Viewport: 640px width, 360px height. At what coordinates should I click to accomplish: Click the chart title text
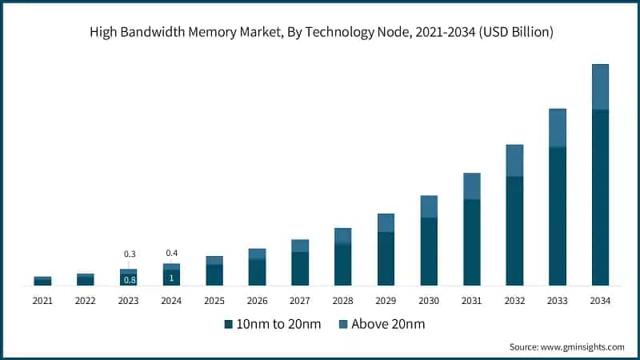point(320,33)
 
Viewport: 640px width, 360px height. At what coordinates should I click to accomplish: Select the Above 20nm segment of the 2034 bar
point(600,86)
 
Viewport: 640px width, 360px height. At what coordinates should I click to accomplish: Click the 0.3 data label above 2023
point(129,254)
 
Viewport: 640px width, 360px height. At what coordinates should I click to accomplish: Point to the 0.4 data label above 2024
point(171,254)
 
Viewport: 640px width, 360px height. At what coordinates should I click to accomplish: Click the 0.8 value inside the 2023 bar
point(129,280)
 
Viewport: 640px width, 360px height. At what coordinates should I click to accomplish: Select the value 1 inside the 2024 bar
point(171,278)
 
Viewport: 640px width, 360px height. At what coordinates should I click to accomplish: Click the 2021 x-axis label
point(42,301)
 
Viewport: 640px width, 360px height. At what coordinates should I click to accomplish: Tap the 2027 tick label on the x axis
point(300,301)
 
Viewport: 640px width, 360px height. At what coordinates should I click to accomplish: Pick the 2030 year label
point(429,301)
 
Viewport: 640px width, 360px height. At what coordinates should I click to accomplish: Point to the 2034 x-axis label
point(600,301)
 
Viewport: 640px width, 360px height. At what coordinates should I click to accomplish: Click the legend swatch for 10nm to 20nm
point(228,324)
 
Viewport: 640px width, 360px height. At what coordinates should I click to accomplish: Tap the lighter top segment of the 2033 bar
point(558,128)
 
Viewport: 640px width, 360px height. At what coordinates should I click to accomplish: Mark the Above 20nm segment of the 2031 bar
point(472,186)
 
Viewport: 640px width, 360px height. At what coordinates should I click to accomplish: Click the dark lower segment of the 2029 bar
point(386,258)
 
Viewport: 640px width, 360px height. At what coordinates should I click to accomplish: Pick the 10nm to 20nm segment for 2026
point(257,272)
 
